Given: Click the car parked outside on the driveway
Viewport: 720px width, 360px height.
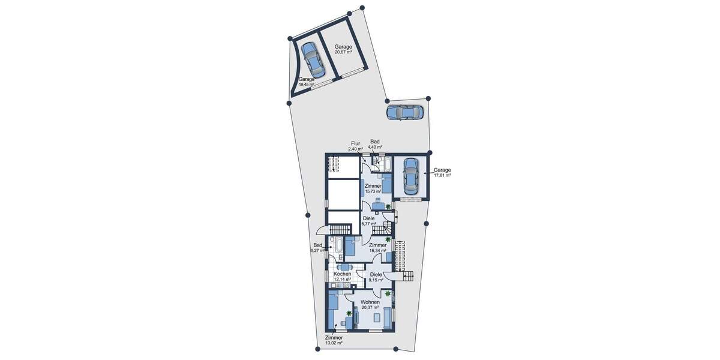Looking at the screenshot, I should coord(405,112).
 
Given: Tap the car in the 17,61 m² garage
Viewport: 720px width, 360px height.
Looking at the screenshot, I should coord(410,176).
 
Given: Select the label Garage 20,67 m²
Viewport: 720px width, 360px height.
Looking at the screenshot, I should coord(343,49).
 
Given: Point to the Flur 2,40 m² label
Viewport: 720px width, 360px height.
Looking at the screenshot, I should coord(355,146).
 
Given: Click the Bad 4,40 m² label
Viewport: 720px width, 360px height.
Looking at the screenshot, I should coord(376,144).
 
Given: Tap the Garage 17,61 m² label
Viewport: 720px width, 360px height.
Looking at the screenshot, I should coord(442,172).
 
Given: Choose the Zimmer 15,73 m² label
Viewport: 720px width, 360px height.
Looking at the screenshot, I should coord(373,189).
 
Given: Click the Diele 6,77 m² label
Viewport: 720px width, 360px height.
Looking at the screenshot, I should coord(368,221).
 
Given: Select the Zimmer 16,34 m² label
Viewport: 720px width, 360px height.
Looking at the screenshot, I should coord(377,248).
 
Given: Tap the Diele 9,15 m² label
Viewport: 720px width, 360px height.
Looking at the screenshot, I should coord(376,277).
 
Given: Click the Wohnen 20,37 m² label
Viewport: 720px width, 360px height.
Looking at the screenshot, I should coord(370,304).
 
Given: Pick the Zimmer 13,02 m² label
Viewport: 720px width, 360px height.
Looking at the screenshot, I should coord(334,340).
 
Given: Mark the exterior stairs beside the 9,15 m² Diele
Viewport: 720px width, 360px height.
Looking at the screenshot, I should coord(407,276).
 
